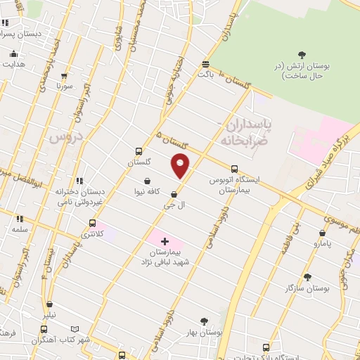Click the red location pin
point(181,165)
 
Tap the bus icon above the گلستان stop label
point(139,151)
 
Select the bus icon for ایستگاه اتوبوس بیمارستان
point(234,169)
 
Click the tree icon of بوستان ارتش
point(302,55)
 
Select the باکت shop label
point(205,72)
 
